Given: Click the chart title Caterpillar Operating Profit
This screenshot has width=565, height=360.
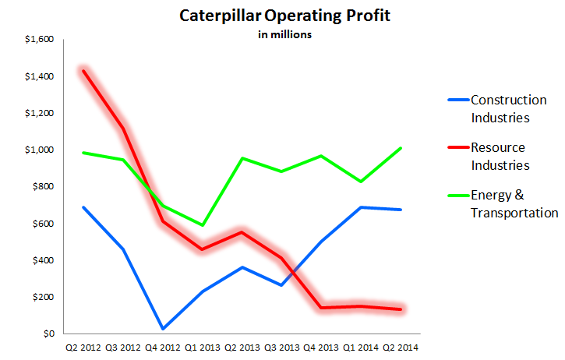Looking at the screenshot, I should [x=285, y=16].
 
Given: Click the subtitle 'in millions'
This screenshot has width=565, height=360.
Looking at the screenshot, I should [x=285, y=34].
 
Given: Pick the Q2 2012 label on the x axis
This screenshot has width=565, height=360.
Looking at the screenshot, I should [x=83, y=348].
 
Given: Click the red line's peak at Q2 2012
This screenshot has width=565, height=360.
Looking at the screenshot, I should [x=83, y=71].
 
